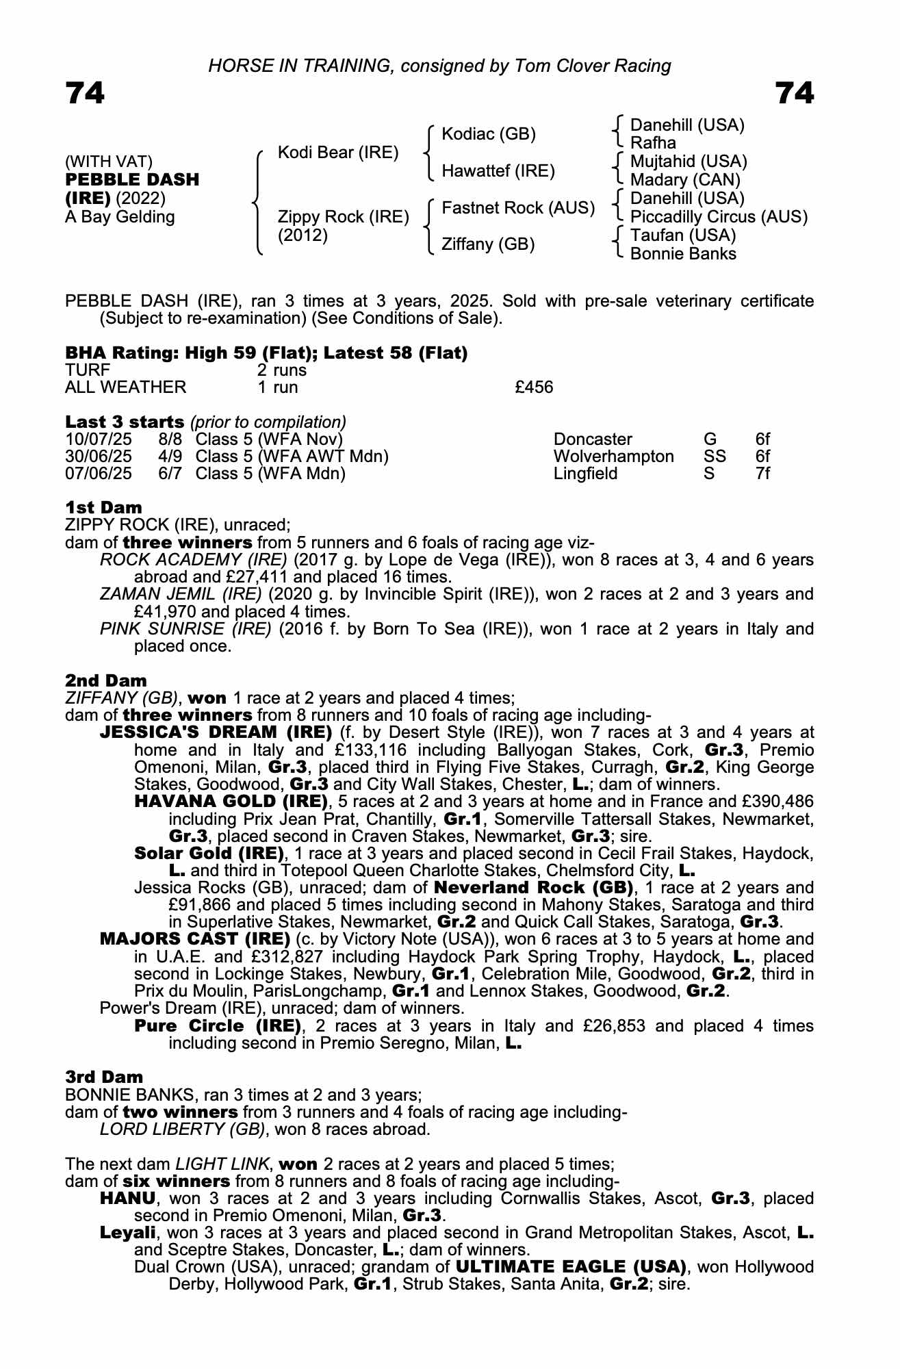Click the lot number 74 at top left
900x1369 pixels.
pos(85,93)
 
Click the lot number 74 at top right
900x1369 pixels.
pos(795,93)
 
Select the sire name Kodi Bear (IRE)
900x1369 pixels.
pos(337,153)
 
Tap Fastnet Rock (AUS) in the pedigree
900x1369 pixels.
pos(518,207)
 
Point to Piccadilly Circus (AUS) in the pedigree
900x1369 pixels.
pos(719,217)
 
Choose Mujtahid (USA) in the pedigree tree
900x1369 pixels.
pos(688,162)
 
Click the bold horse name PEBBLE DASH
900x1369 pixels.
pos(132,180)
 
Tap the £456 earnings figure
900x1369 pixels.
pos(534,387)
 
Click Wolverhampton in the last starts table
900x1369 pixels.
pos(613,457)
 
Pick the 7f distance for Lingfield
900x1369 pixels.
pos(762,474)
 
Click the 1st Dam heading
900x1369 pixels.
pos(103,507)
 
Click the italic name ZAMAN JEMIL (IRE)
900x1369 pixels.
pos(180,594)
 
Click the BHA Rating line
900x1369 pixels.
pos(266,353)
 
